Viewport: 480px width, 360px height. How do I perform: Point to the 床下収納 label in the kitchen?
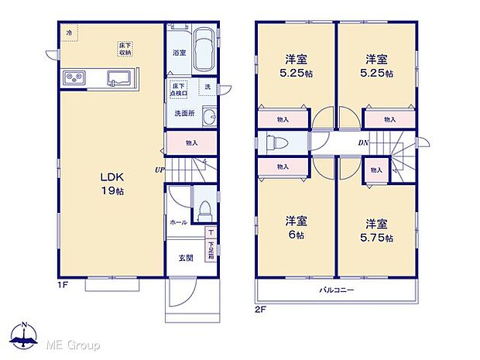pyautogui.click(x=124, y=49)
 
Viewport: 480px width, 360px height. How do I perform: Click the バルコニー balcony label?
pyautogui.click(x=337, y=290)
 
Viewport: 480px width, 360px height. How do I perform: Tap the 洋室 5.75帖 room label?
pyautogui.click(x=377, y=231)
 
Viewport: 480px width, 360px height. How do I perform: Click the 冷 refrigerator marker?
pyautogui.click(x=69, y=33)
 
